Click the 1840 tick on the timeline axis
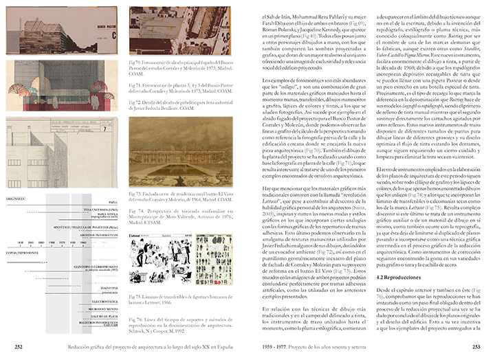21,243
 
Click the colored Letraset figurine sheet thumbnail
209,259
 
